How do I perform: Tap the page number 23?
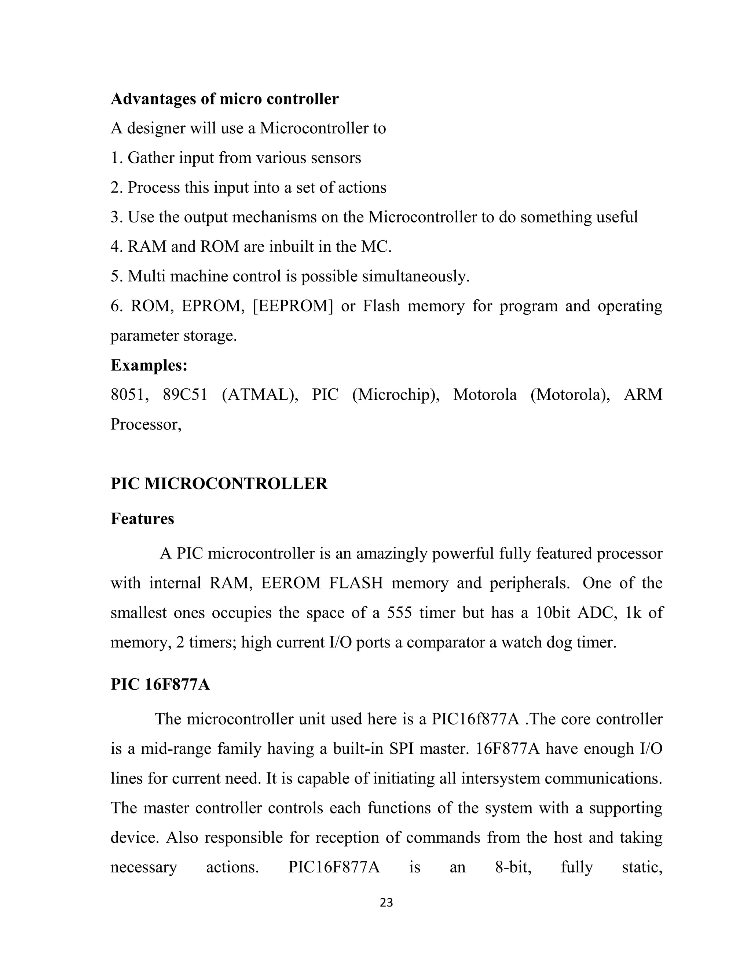[386, 902]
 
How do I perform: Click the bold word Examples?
[149, 365]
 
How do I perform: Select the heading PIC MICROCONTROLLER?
[219, 484]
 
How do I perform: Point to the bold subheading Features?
[142, 518]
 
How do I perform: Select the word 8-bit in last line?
[513, 867]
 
